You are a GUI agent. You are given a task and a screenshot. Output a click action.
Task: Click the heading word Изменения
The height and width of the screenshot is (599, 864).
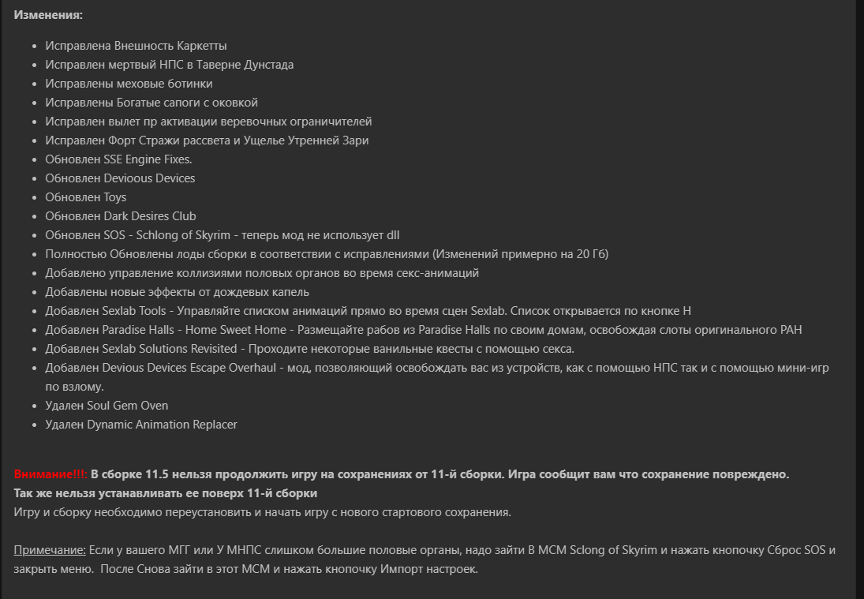pos(47,15)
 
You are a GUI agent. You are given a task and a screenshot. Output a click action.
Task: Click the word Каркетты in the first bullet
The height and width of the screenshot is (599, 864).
pos(203,46)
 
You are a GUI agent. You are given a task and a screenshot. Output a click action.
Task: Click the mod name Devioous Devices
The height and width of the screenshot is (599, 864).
pos(148,178)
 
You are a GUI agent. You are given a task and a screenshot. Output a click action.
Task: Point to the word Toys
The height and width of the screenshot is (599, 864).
pos(114,197)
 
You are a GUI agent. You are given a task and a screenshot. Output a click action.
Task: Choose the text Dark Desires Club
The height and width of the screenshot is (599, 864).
pos(149,216)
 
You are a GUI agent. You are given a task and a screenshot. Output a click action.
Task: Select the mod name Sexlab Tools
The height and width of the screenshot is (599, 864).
pos(134,311)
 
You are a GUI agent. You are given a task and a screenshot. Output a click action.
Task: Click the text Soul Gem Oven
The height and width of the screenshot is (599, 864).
pos(127,406)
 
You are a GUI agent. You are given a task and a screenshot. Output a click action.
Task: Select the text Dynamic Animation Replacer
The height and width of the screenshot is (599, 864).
pos(162,425)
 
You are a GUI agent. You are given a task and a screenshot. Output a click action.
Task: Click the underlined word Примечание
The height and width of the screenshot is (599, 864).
pos(49,549)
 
